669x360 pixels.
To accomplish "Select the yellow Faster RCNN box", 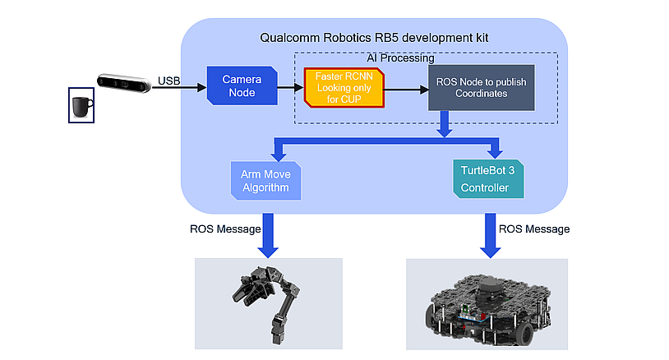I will [x=344, y=87].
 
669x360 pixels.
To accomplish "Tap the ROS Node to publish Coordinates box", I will [x=481, y=88].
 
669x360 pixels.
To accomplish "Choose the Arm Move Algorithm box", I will [x=265, y=181].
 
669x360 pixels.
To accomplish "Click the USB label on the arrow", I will [x=168, y=80].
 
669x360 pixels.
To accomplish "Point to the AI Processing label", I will [x=400, y=59].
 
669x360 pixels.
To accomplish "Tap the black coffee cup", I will [x=81, y=107].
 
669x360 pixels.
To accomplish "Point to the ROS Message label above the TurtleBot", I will [x=534, y=228].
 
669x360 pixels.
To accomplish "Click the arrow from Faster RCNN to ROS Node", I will [x=405, y=88].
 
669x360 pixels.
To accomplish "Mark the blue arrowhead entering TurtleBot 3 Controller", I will [x=495, y=154].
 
